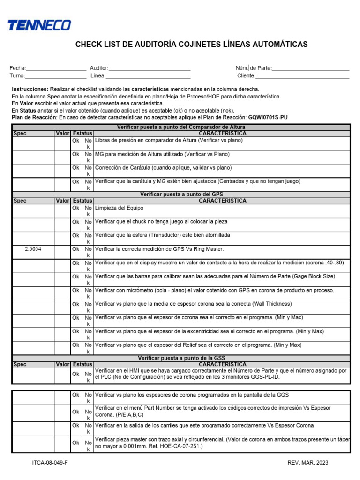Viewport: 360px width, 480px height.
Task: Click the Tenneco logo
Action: click(39, 25)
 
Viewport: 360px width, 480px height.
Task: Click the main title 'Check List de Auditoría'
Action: click(192, 45)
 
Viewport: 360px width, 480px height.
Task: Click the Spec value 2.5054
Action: click(33, 249)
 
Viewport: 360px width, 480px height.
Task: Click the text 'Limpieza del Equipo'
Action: click(119, 208)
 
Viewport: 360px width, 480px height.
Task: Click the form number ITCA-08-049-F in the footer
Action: click(50, 463)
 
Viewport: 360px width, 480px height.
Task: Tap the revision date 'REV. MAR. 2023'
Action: click(308, 463)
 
